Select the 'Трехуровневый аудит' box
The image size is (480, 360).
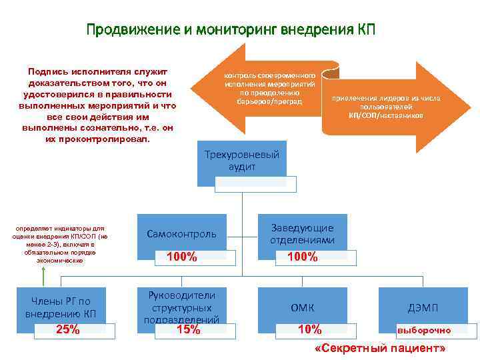[241, 161]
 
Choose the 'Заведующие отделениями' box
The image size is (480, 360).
[303, 234]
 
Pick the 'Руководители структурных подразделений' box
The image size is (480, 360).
[181, 307]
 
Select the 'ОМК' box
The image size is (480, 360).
[303, 307]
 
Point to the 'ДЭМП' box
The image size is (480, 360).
[423, 307]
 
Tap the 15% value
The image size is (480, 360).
[188, 329]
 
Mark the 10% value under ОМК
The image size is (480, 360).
[309, 329]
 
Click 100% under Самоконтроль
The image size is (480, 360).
[181, 257]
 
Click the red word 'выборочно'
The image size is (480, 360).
[424, 330]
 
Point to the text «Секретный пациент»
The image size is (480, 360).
[380, 349]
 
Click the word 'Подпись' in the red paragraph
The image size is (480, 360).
[47, 71]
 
